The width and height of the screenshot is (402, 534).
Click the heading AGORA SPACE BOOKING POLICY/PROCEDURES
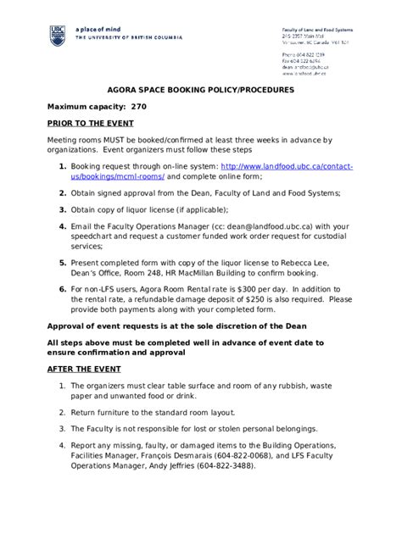point(200,89)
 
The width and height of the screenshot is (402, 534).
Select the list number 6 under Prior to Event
point(63,290)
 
